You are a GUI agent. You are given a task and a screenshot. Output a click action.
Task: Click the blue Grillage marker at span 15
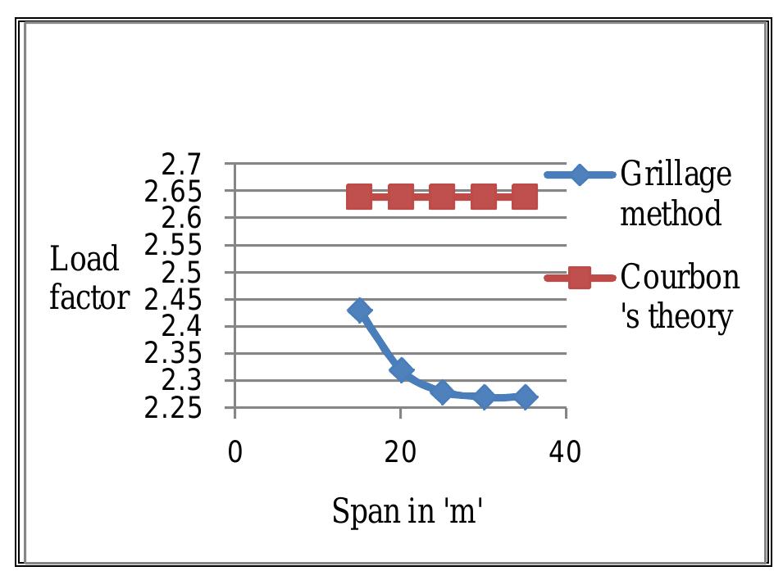(x=359, y=310)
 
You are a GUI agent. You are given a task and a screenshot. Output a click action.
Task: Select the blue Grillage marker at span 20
(x=401, y=371)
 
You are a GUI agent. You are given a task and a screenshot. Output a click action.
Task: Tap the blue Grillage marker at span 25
(x=442, y=392)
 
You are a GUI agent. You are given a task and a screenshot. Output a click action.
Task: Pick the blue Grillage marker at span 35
(x=525, y=397)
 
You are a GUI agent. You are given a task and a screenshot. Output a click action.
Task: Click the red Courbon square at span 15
(x=359, y=197)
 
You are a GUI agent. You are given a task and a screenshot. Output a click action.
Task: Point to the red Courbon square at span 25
(x=442, y=197)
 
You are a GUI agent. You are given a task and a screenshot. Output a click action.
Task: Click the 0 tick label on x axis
(x=235, y=451)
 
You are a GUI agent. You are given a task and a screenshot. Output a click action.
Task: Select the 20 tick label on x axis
(x=400, y=451)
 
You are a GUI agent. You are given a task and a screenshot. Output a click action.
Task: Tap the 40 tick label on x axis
(x=565, y=451)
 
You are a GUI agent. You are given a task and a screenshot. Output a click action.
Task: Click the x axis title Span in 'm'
(x=407, y=512)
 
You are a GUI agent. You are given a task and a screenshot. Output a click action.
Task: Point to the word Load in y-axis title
(x=84, y=260)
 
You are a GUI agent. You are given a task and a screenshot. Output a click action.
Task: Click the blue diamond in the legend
(x=580, y=175)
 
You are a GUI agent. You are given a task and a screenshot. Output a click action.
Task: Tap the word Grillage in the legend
(x=676, y=175)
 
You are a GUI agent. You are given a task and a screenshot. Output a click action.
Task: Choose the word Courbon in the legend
(x=680, y=278)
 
